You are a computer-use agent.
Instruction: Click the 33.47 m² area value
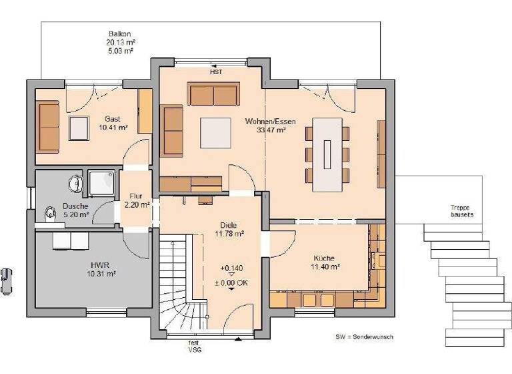pyautogui.click(x=271, y=130)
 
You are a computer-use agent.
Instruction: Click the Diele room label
pyautogui.click(x=229, y=225)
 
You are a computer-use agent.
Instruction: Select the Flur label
pyautogui.click(x=137, y=196)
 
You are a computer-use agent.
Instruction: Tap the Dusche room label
pyautogui.click(x=75, y=206)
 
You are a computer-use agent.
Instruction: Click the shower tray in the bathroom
pyautogui.click(x=103, y=182)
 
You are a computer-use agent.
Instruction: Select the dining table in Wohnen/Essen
pyautogui.click(x=327, y=153)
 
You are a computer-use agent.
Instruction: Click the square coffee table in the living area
pyautogui.click(x=215, y=133)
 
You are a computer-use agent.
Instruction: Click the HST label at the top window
pyautogui.click(x=215, y=71)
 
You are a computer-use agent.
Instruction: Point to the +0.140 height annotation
pyautogui.click(x=231, y=268)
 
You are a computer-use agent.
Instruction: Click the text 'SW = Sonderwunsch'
pyautogui.click(x=364, y=337)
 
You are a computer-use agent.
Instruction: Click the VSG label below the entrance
pyautogui.click(x=194, y=349)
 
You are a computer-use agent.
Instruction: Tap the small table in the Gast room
pyautogui.click(x=79, y=128)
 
